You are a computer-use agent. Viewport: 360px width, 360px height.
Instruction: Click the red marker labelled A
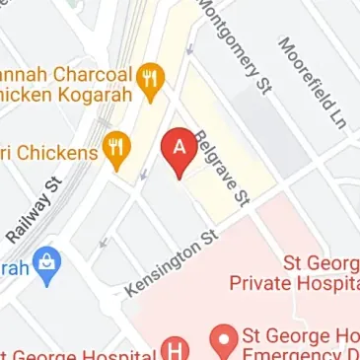coord(179,151)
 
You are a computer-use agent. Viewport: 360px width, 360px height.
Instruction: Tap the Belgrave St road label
coord(219,168)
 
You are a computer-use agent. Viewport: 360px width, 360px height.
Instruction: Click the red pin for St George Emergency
coord(224,342)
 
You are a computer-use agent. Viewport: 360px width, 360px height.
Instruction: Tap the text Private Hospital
coord(292,284)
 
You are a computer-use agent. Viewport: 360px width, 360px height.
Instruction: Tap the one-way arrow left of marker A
coord(145,177)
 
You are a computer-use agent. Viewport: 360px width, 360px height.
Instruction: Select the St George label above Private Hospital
coord(315,264)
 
